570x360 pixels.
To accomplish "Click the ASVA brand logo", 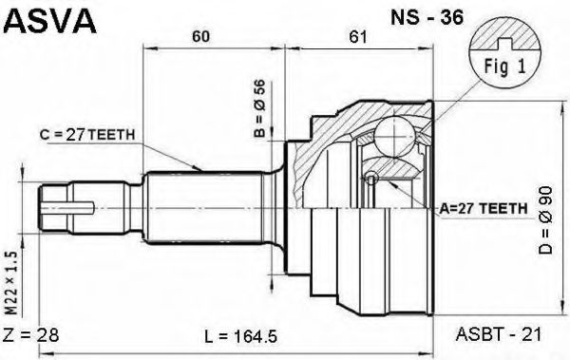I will pos(49,20).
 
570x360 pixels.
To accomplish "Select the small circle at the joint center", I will pos(371,177).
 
